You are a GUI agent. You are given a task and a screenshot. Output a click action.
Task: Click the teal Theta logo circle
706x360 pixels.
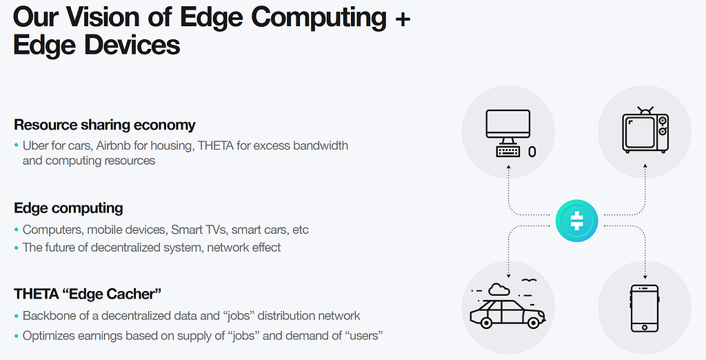point(577,221)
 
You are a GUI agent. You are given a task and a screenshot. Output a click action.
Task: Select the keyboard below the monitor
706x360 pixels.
point(508,152)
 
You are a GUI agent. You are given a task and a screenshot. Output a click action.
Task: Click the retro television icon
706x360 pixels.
point(645,130)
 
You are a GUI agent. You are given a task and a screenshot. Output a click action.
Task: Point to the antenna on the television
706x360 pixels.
point(645,110)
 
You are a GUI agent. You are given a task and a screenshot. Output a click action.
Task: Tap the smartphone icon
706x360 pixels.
point(645,308)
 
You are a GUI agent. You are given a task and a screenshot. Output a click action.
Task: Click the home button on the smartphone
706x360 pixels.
point(645,327)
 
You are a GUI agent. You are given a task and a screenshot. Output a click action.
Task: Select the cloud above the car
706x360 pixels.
point(497,289)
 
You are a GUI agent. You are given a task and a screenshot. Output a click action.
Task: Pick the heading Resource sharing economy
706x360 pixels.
point(105,125)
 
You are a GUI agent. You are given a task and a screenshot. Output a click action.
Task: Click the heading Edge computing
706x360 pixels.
point(68,208)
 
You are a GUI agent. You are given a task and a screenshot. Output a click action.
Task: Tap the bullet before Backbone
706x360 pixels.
point(17,316)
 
